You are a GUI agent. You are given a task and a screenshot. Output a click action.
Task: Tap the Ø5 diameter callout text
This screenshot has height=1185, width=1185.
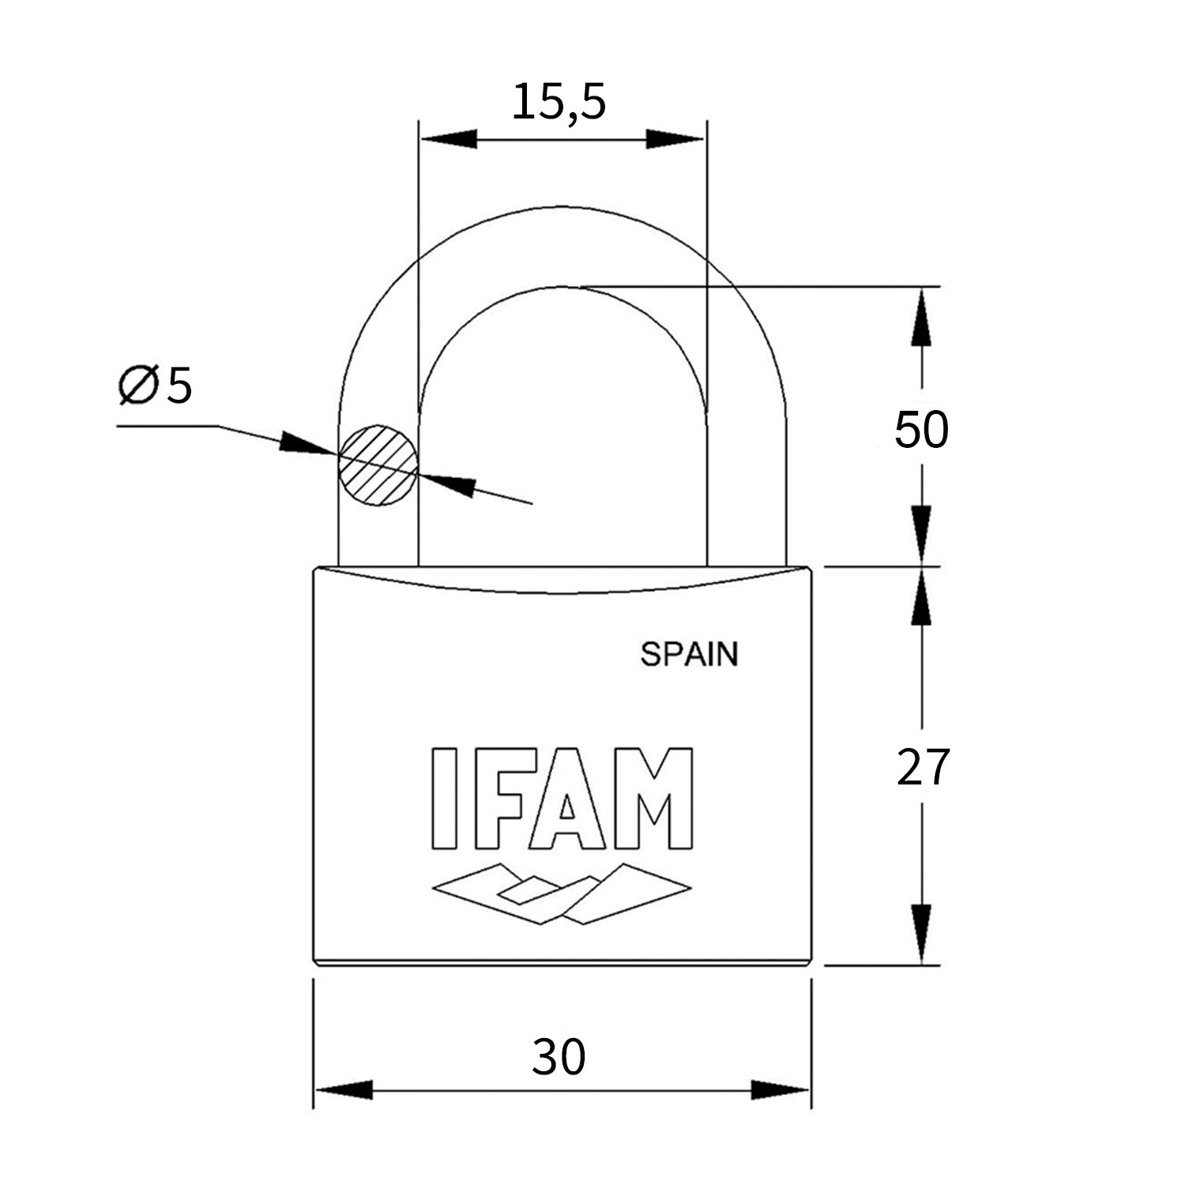pos(155,386)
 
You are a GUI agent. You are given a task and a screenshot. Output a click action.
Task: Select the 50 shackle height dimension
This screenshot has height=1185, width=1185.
pos(921,431)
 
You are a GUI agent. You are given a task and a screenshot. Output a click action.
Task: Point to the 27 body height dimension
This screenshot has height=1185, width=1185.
pos(922,767)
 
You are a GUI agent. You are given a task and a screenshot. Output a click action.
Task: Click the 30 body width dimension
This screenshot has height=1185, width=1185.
pos(559,1057)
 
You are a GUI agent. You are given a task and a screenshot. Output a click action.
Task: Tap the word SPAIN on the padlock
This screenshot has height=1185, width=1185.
pos(689,654)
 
